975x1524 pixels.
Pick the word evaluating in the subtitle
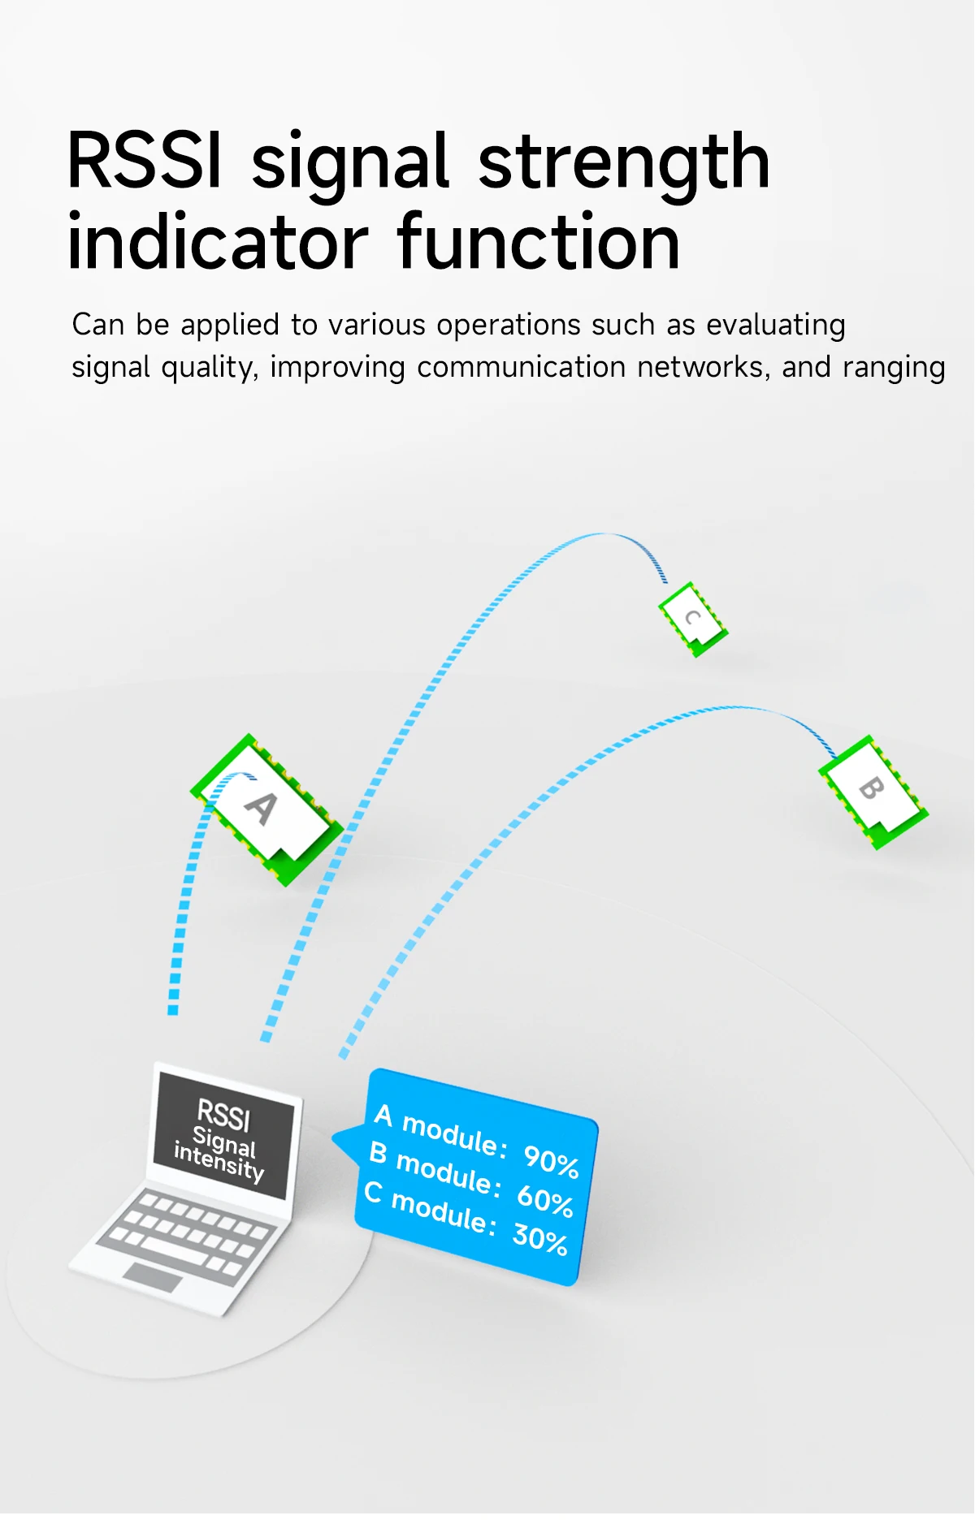point(776,326)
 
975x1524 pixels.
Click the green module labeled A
point(267,809)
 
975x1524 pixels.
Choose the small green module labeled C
point(693,619)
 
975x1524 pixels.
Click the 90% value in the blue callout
point(551,1160)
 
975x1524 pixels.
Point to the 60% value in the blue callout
point(545,1200)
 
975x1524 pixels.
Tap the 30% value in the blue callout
point(539,1239)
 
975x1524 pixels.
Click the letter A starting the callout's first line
point(383,1115)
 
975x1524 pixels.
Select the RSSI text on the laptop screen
point(223,1115)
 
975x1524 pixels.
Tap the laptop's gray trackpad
point(153,1277)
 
